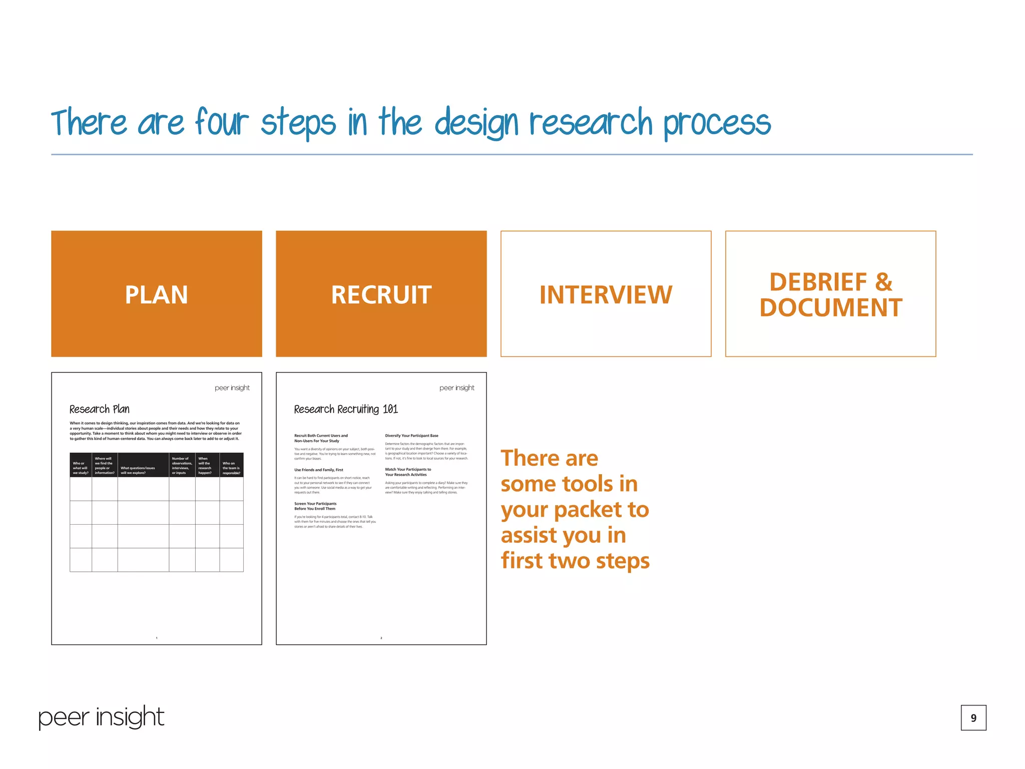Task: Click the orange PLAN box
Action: tap(156, 294)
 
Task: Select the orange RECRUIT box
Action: tap(381, 294)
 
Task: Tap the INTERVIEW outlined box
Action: tap(606, 294)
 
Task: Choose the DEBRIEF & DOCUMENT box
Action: tap(830, 294)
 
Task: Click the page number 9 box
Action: tap(973, 717)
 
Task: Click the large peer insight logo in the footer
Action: tap(101, 717)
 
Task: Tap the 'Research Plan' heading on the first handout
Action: tap(99, 409)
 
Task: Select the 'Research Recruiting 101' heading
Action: tap(346, 409)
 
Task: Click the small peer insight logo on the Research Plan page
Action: tap(232, 388)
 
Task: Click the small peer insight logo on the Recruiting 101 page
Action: tap(456, 388)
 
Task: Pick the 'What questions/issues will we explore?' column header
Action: tap(138, 470)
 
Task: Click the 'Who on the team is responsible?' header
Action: tap(231, 468)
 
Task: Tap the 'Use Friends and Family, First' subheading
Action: tap(319, 470)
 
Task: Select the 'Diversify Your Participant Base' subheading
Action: tap(411, 436)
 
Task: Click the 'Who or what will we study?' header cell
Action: tap(80, 468)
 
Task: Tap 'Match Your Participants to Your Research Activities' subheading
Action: tap(407, 472)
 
